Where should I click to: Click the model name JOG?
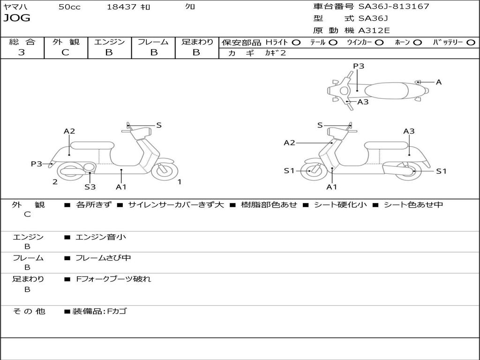(17, 18)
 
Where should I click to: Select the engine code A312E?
(374, 30)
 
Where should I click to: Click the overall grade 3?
(22, 52)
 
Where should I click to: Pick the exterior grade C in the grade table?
(66, 52)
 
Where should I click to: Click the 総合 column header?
(22, 42)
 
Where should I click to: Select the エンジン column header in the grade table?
(109, 42)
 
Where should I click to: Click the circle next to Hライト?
(296, 42)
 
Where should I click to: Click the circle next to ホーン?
(418, 42)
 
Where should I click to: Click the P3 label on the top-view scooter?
(359, 66)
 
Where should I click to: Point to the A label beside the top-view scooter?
(439, 82)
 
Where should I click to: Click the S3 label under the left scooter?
(90, 187)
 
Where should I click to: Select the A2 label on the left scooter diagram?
(69, 131)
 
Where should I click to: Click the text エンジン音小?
(101, 237)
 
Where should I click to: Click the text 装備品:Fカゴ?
(99, 311)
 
